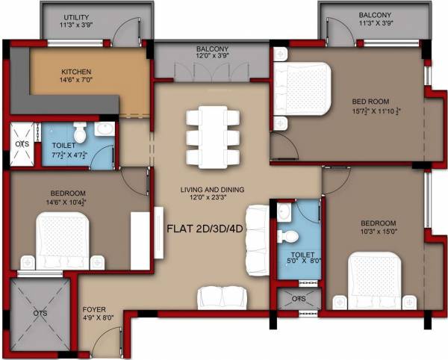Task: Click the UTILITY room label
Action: (76, 16)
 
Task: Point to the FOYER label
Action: (95, 307)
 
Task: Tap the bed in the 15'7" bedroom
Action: (302, 89)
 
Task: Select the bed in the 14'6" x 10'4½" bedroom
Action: (64, 238)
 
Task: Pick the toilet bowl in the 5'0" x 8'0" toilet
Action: (289, 236)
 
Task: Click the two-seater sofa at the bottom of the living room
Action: (222, 297)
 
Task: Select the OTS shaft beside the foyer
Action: (41, 313)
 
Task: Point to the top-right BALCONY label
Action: (374, 16)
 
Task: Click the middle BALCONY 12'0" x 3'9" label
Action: (212, 51)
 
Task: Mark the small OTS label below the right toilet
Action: (299, 299)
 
